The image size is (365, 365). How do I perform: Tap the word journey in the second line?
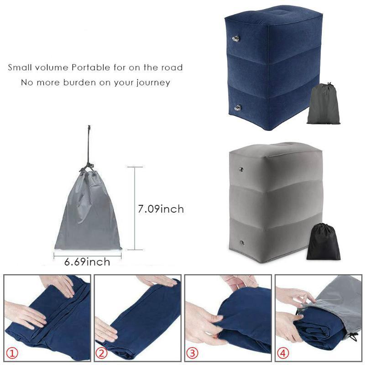pos(154,83)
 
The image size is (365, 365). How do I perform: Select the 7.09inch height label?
pos(161,209)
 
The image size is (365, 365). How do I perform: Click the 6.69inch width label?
pos(87,262)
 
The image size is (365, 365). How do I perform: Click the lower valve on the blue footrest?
pos(238,107)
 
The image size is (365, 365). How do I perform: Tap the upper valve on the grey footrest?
pos(241,170)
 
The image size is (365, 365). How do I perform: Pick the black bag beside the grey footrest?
pos(323,243)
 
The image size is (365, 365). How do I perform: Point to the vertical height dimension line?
pos(135,208)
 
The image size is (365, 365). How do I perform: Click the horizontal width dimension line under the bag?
pos(88,254)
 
